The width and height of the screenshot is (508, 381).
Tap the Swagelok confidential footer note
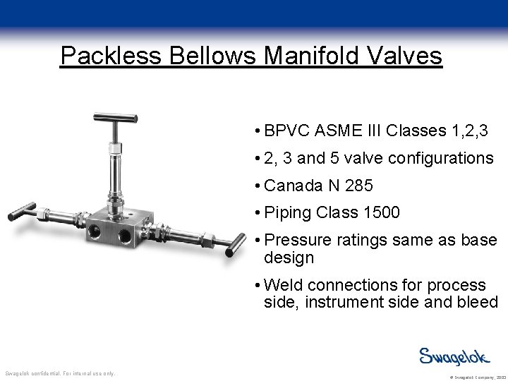click(60, 373)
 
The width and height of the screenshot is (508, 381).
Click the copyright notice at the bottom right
click(469, 377)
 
